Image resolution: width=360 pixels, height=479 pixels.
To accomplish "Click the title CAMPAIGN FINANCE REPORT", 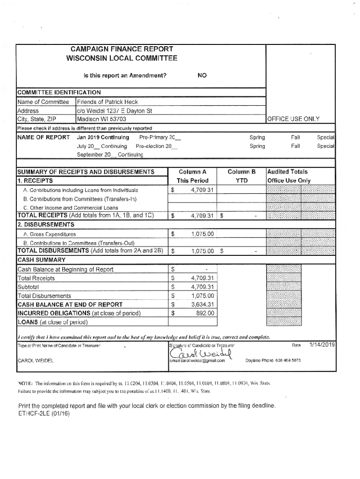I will click(x=122, y=49).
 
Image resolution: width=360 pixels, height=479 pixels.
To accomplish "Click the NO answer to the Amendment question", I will click(x=202, y=75).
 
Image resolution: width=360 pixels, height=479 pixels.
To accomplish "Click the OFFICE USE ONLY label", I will click(x=293, y=119).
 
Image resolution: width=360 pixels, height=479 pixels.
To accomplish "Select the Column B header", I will click(x=241, y=172).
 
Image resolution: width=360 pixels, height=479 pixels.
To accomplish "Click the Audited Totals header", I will click(x=287, y=172).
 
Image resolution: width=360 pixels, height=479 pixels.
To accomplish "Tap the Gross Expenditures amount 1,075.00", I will click(x=202, y=234).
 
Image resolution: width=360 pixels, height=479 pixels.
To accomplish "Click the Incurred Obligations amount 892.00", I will click(x=205, y=313).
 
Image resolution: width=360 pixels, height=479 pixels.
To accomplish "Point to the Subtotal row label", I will click(x=28, y=287).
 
